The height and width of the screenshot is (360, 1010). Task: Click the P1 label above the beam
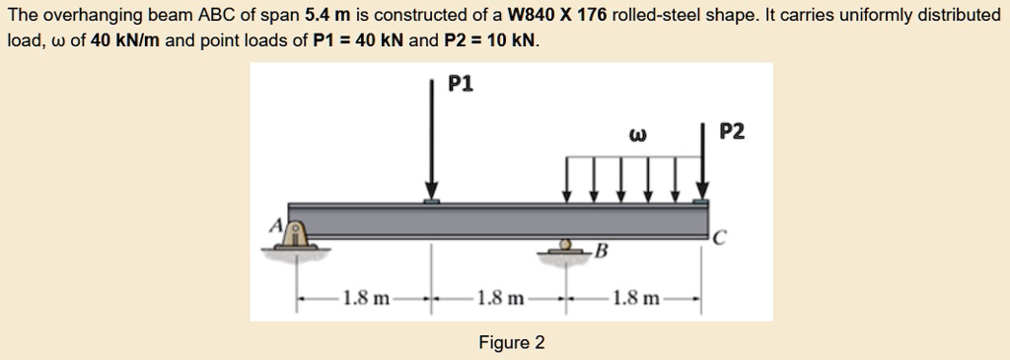[x=461, y=84]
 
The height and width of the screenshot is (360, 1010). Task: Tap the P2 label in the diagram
[x=733, y=132]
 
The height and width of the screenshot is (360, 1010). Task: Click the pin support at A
[x=293, y=235]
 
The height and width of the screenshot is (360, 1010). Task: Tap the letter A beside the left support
[x=277, y=226]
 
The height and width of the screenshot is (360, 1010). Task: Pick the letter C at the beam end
[x=721, y=237]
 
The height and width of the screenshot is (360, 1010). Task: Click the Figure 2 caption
[x=511, y=342]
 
